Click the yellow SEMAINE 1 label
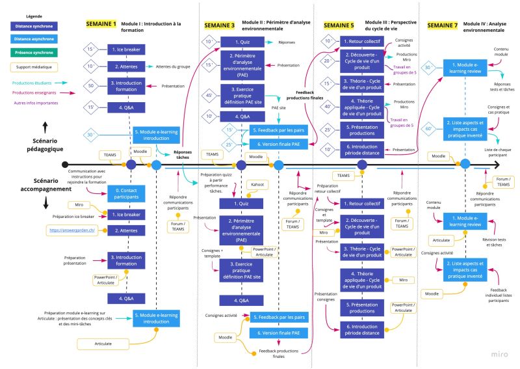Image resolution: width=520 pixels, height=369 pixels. pos(101,25)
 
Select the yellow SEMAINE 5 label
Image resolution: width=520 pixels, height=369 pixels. pos(339,25)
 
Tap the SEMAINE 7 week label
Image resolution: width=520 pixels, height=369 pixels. pos(444,25)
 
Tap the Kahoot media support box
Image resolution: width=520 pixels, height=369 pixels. pos(257,185)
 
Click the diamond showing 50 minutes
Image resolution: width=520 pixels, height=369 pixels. pos(91,85)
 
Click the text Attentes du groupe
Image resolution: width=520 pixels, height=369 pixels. pos(174,66)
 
